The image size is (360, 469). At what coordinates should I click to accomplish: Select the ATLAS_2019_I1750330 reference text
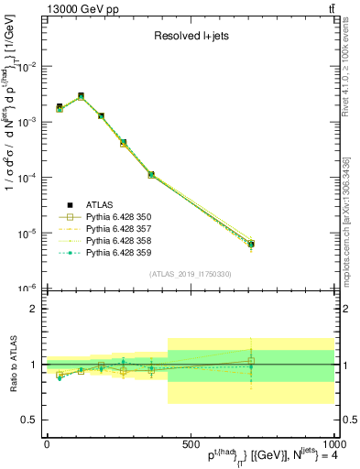[x=190, y=274]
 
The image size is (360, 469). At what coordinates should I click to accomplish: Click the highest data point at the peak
[x=81, y=95]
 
